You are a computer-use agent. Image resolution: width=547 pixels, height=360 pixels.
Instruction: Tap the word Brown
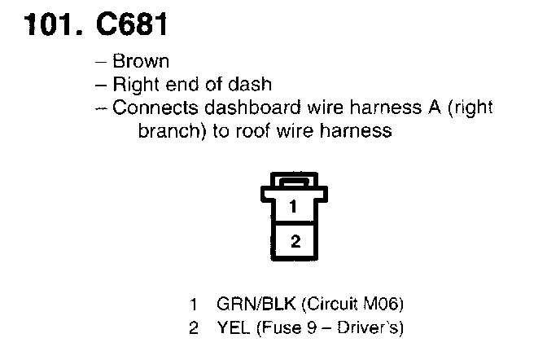tap(140, 62)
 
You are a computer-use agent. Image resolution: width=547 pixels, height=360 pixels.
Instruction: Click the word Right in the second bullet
tap(133, 84)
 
